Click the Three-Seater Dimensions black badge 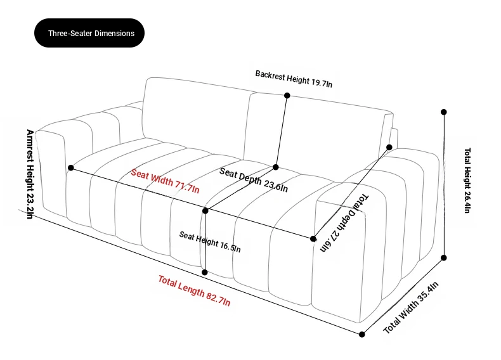[x=89, y=33]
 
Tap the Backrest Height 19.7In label [x=294, y=79]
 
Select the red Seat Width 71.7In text [x=165, y=181]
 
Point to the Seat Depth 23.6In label [x=254, y=180]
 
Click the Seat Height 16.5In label [x=210, y=241]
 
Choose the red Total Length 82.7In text [x=194, y=290]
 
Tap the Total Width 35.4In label [x=411, y=307]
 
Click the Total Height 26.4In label [x=467, y=180]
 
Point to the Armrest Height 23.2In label [x=30, y=174]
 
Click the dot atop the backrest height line [x=287, y=95]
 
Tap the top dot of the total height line [x=443, y=112]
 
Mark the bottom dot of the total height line [x=443, y=257]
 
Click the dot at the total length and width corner [x=361, y=335]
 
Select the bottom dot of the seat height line [x=204, y=272]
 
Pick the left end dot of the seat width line [x=71, y=168]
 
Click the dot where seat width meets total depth [x=313, y=238]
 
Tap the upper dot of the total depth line [x=389, y=147]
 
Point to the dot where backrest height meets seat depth [x=275, y=167]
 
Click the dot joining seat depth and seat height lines [x=205, y=211]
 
